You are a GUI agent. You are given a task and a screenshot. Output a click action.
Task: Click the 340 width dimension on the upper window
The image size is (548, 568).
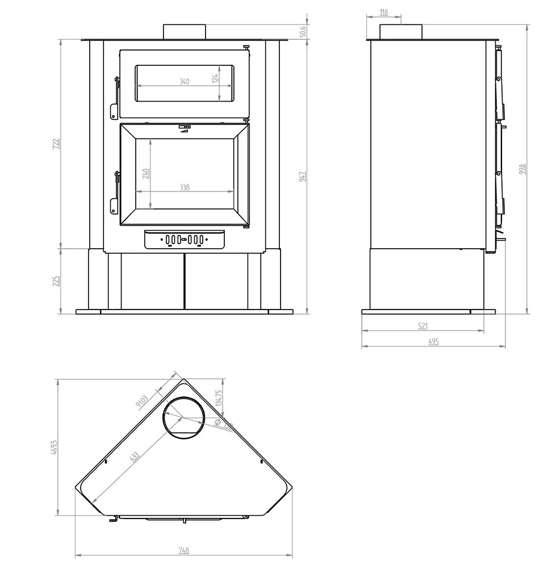(x=184, y=81)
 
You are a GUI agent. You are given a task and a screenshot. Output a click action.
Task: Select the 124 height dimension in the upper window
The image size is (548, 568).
(x=215, y=78)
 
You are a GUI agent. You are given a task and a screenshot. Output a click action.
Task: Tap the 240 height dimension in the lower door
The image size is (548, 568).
(x=145, y=173)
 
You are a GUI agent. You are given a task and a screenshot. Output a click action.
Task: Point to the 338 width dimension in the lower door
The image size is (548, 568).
(x=185, y=187)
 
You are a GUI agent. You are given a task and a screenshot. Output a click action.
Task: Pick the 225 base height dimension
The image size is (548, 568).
(x=56, y=281)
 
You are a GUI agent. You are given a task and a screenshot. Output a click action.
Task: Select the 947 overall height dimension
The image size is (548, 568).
(x=303, y=176)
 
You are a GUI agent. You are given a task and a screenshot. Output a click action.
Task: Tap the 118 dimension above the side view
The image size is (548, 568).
(x=384, y=12)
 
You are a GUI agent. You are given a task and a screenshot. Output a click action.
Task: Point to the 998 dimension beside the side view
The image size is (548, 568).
(x=522, y=169)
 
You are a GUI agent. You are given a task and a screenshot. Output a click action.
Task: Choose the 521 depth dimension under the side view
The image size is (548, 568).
(x=423, y=325)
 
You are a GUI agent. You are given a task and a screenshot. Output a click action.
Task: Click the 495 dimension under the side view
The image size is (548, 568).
(x=433, y=341)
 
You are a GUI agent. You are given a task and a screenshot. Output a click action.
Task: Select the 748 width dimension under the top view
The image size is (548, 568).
(x=183, y=550)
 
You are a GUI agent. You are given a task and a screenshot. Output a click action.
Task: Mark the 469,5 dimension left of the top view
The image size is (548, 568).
(x=53, y=448)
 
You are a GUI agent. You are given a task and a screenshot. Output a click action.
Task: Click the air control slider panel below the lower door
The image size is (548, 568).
(x=184, y=240)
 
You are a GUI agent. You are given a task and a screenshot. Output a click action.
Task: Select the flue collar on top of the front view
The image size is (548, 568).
(x=184, y=32)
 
